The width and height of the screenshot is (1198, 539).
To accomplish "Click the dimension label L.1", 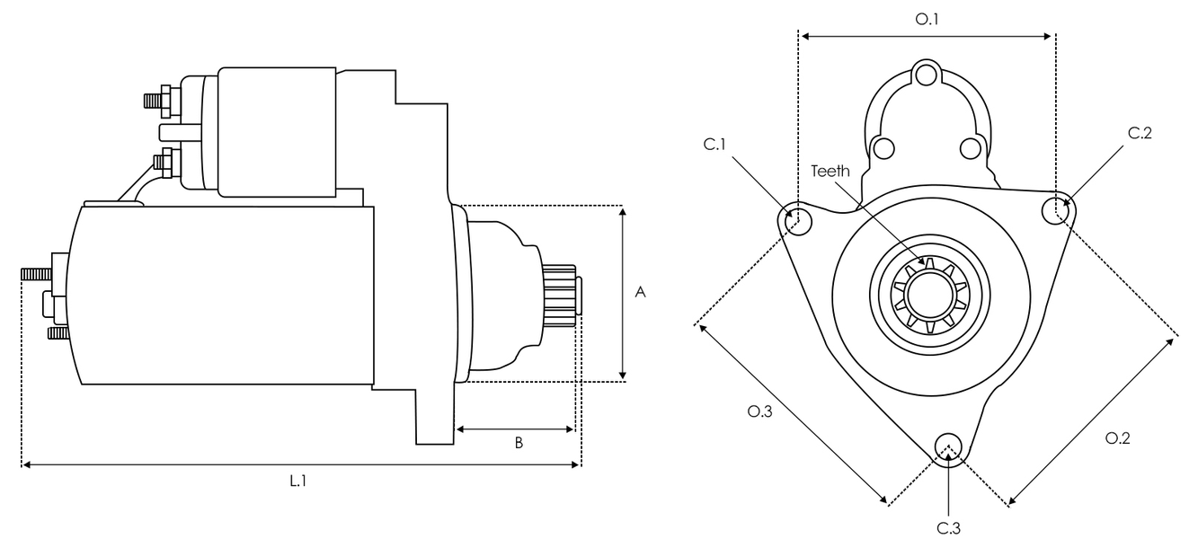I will click(x=298, y=481).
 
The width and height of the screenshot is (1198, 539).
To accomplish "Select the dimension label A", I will click(x=640, y=293).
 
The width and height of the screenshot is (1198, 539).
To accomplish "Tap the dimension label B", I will click(x=519, y=442).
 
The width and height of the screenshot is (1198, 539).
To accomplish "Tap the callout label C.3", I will click(x=949, y=527).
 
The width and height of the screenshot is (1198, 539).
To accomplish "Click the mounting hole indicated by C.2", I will click(x=1055, y=210).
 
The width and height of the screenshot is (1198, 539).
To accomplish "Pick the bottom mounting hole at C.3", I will click(x=948, y=446).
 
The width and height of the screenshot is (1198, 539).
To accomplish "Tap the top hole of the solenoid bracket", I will click(x=927, y=74).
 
